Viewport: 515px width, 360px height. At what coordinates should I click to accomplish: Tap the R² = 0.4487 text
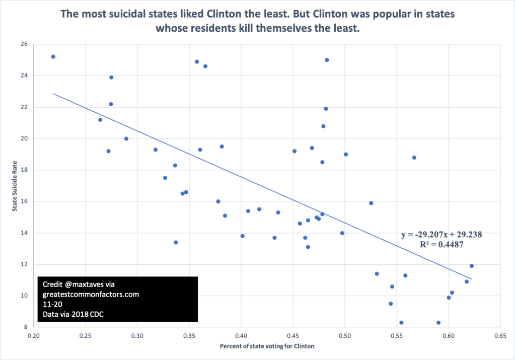point(442,245)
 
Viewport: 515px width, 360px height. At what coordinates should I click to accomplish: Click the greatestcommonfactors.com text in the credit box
point(91,294)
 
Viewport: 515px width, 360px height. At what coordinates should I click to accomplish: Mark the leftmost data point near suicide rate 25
point(53,57)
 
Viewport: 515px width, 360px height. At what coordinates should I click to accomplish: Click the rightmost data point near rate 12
point(472,266)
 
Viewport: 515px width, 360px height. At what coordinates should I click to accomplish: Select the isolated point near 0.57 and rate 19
point(414,158)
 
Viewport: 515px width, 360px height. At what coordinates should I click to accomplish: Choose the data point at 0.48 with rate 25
point(327,60)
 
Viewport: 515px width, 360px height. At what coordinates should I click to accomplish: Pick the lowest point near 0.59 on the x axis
point(438,322)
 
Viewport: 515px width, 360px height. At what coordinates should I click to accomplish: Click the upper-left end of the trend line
point(54,94)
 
